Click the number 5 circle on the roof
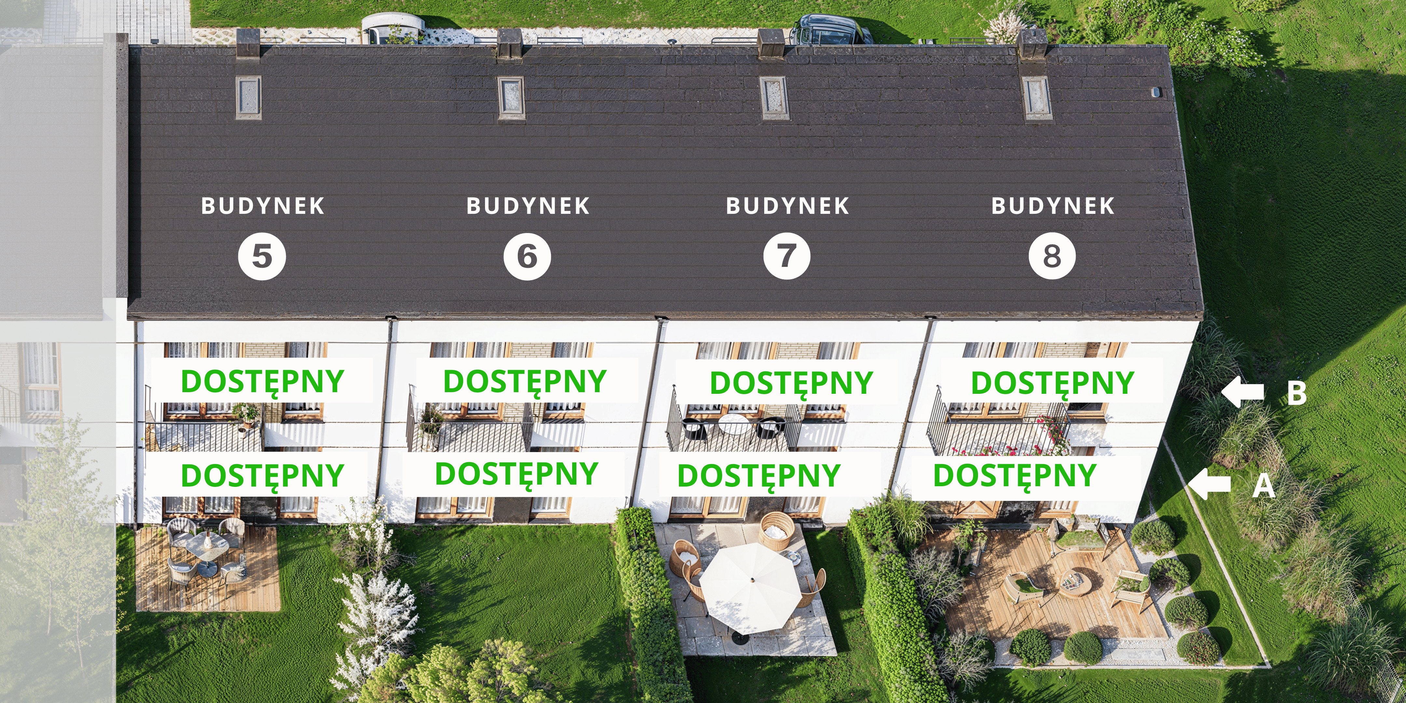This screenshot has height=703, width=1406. [262, 256]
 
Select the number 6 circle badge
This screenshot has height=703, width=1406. [527, 256]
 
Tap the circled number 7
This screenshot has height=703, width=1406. [787, 256]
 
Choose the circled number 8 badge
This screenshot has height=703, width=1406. [1052, 256]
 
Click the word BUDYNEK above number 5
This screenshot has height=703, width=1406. [263, 206]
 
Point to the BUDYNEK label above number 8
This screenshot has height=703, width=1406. [1053, 206]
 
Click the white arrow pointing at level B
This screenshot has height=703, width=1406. [1242, 392]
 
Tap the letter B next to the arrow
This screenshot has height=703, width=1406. [1297, 393]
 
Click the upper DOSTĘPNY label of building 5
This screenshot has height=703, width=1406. [262, 381]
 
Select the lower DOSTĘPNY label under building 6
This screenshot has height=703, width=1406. [516, 474]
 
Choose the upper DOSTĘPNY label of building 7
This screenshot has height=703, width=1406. [792, 382]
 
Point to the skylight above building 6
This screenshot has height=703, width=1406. [511, 97]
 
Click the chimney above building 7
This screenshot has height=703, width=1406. [772, 43]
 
